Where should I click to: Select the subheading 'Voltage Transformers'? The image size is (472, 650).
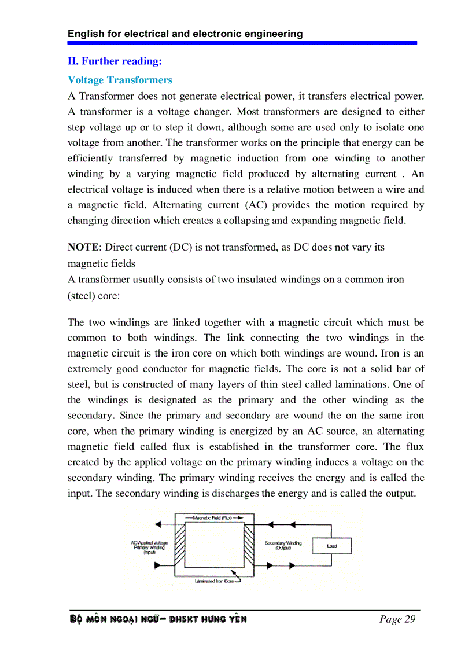pos(120,80)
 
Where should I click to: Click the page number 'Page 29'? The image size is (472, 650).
pos(397,619)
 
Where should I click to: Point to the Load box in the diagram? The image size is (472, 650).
pos(331,546)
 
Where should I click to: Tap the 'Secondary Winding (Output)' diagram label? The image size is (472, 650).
pos(283,545)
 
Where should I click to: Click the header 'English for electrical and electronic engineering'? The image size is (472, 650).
pos(185,34)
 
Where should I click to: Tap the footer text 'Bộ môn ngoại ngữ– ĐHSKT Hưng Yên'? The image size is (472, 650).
pos(158,619)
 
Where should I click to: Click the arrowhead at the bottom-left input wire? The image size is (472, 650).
pos(157,565)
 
